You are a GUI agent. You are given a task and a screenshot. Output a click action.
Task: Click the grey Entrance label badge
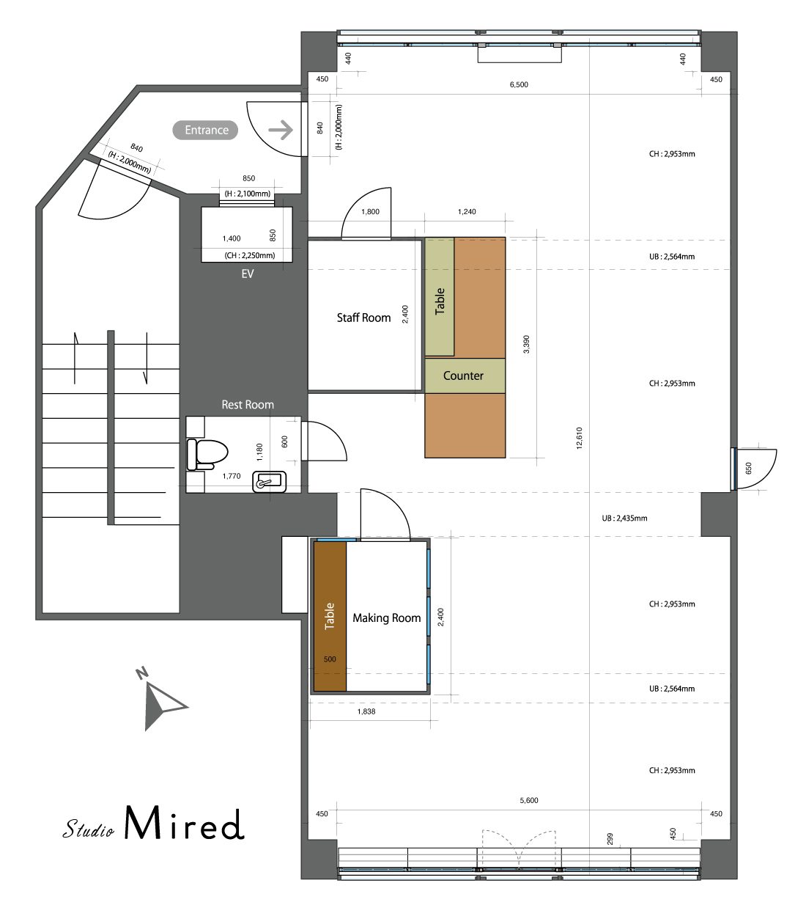click(x=205, y=130)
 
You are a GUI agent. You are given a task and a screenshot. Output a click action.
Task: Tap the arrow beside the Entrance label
click(x=281, y=130)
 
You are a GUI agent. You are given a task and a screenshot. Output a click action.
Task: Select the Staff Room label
click(x=363, y=318)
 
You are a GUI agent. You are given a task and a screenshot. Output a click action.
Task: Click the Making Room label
click(x=386, y=618)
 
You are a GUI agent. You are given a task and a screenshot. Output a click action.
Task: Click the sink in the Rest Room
click(x=269, y=482)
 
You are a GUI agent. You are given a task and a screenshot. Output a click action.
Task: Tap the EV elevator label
click(x=247, y=274)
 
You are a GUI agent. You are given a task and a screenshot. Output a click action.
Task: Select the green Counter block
click(x=465, y=375)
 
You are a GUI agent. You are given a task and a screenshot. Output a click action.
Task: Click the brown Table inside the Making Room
click(x=330, y=617)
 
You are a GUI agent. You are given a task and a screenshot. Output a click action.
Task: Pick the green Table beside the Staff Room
click(x=439, y=297)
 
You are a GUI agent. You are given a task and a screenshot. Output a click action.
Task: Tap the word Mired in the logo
click(x=184, y=823)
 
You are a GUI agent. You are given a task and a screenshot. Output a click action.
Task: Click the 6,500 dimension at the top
click(x=519, y=84)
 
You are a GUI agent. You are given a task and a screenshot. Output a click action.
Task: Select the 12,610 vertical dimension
click(x=579, y=438)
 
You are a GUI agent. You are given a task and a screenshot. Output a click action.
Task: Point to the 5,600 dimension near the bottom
click(x=529, y=800)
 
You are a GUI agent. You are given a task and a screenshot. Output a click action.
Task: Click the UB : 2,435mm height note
click(x=624, y=519)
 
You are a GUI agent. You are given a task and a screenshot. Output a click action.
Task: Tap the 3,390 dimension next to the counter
click(x=526, y=344)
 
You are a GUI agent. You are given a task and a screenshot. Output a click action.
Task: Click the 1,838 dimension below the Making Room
click(x=366, y=711)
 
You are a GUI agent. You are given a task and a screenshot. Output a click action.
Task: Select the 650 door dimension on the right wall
click(x=748, y=468)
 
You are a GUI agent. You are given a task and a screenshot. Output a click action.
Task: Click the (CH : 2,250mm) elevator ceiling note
click(x=249, y=255)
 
